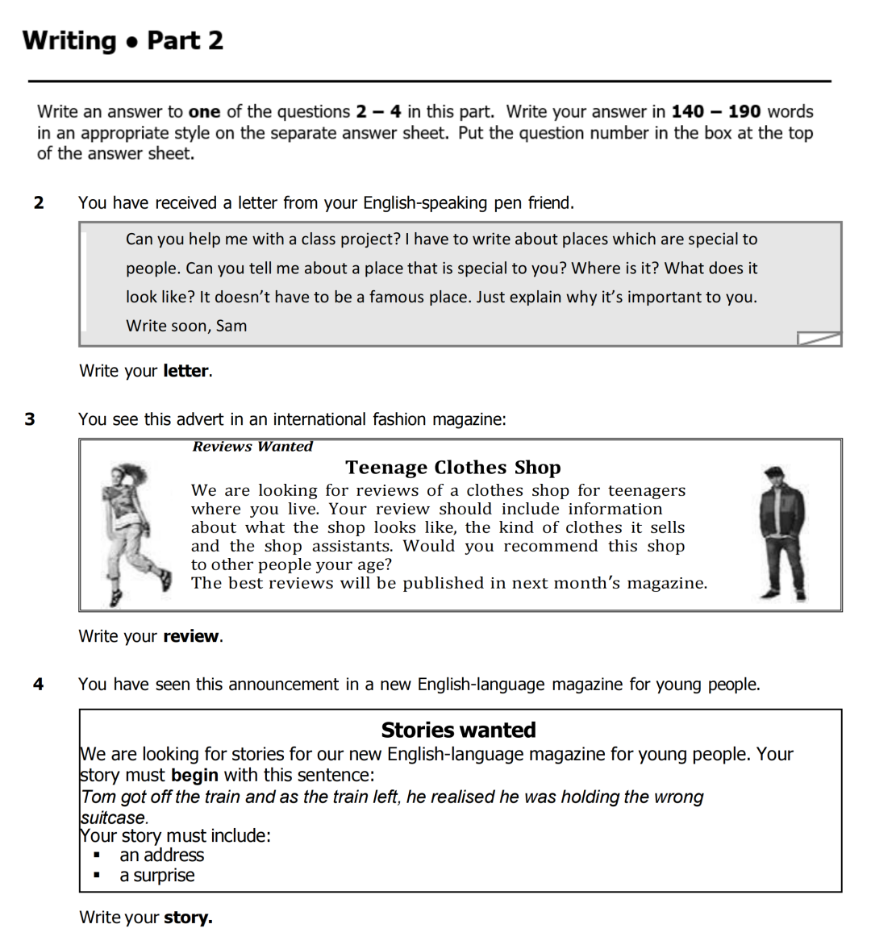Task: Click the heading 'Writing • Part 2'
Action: click(123, 40)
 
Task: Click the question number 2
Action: click(39, 203)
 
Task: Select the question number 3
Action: click(30, 419)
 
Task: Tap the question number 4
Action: click(38, 685)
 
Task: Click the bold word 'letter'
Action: click(186, 371)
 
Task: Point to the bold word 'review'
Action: click(191, 636)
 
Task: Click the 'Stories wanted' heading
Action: click(458, 730)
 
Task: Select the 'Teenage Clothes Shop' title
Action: click(452, 468)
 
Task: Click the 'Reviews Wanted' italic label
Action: click(252, 447)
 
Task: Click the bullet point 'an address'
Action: click(161, 855)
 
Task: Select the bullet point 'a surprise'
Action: click(157, 876)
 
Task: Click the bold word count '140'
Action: click(688, 112)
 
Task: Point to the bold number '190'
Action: click(744, 112)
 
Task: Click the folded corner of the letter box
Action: click(819, 339)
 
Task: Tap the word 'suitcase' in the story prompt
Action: click(113, 818)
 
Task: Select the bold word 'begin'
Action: click(194, 776)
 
